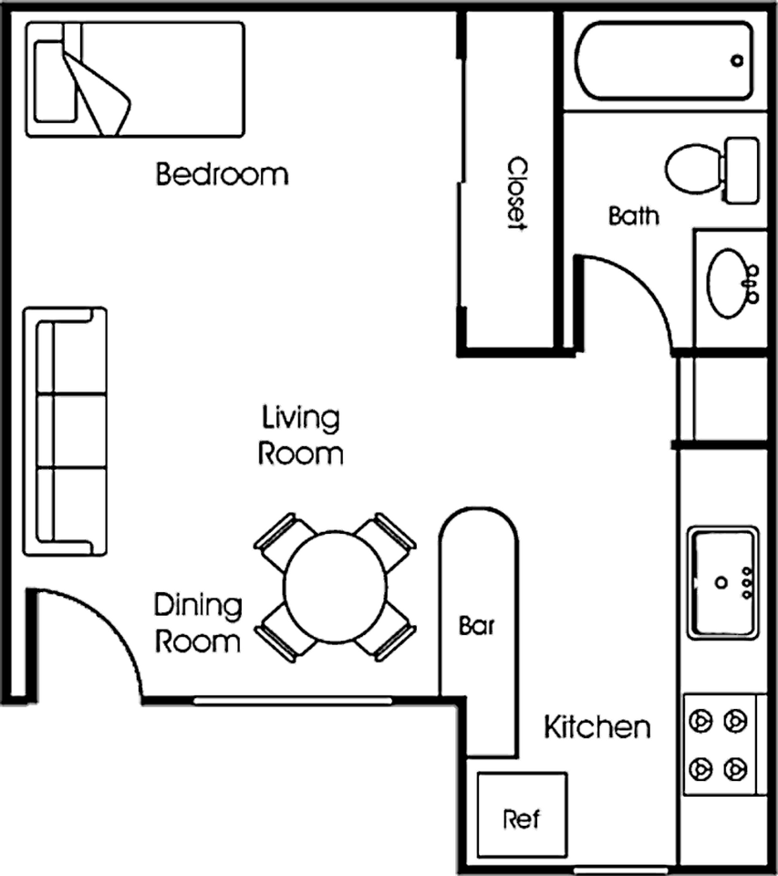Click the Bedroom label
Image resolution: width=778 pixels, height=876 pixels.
pyautogui.click(x=222, y=174)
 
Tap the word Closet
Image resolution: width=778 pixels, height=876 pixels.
pyautogui.click(x=517, y=193)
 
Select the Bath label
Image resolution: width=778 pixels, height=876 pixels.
pyautogui.click(x=633, y=216)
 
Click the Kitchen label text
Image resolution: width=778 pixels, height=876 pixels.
pyautogui.click(x=597, y=727)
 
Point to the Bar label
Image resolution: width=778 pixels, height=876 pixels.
pyautogui.click(x=476, y=626)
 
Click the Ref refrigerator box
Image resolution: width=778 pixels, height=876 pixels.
pyautogui.click(x=523, y=815)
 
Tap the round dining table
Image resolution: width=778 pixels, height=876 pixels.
pyautogui.click(x=335, y=587)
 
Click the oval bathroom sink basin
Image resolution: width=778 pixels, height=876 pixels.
pyautogui.click(x=729, y=285)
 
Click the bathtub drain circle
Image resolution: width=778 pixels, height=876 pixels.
pyautogui.click(x=737, y=60)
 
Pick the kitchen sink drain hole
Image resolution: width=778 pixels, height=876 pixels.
pyautogui.click(x=721, y=583)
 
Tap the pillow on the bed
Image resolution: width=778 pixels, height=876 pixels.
pyautogui.click(x=55, y=81)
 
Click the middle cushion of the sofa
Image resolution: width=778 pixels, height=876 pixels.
pyautogui.click(x=71, y=432)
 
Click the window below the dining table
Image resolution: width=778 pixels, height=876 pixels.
pyautogui.click(x=293, y=700)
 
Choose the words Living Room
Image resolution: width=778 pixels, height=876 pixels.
pyautogui.click(x=300, y=436)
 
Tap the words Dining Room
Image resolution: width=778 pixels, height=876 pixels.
pyautogui.click(x=198, y=623)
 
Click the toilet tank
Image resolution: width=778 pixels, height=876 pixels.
pyautogui.click(x=742, y=170)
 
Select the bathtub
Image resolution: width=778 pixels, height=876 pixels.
pyautogui.click(x=664, y=60)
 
